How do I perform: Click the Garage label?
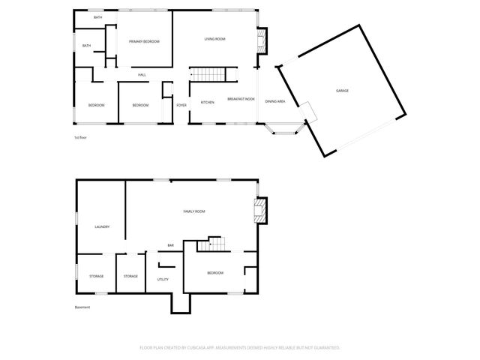click(342, 91)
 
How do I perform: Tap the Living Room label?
click(215, 39)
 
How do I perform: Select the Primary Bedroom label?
click(144, 42)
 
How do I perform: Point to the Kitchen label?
click(208, 102)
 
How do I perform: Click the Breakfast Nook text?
click(241, 100)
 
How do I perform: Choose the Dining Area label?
click(275, 101)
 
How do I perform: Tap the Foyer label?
click(181, 105)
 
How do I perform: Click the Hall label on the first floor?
click(142, 75)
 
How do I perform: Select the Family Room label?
click(194, 211)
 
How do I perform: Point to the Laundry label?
click(103, 226)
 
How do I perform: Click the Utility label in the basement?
click(163, 279)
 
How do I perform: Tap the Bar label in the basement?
click(171, 245)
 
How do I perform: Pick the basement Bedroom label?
click(215, 273)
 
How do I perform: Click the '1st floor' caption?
click(81, 137)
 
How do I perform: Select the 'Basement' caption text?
click(82, 307)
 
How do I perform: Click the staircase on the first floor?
click(208, 75)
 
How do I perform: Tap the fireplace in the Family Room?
click(260, 209)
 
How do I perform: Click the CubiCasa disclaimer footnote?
click(240, 348)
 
